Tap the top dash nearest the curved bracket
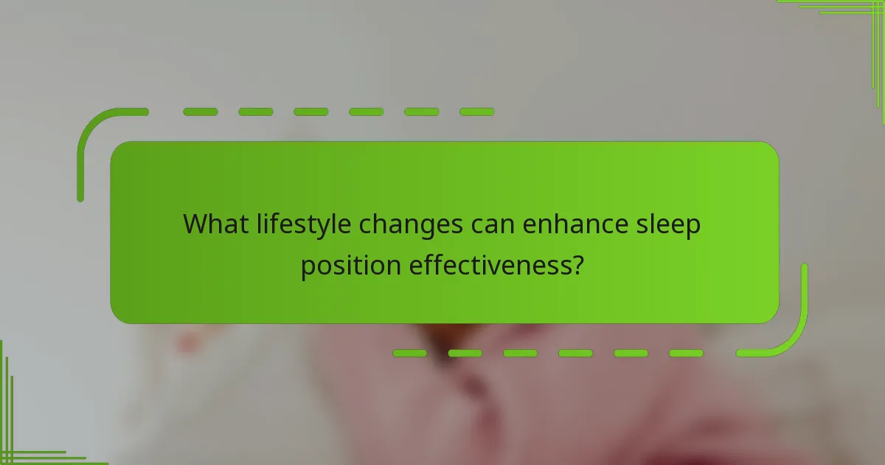(x=201, y=112)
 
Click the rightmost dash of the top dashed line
(x=476, y=112)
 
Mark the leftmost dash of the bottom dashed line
(x=410, y=354)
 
